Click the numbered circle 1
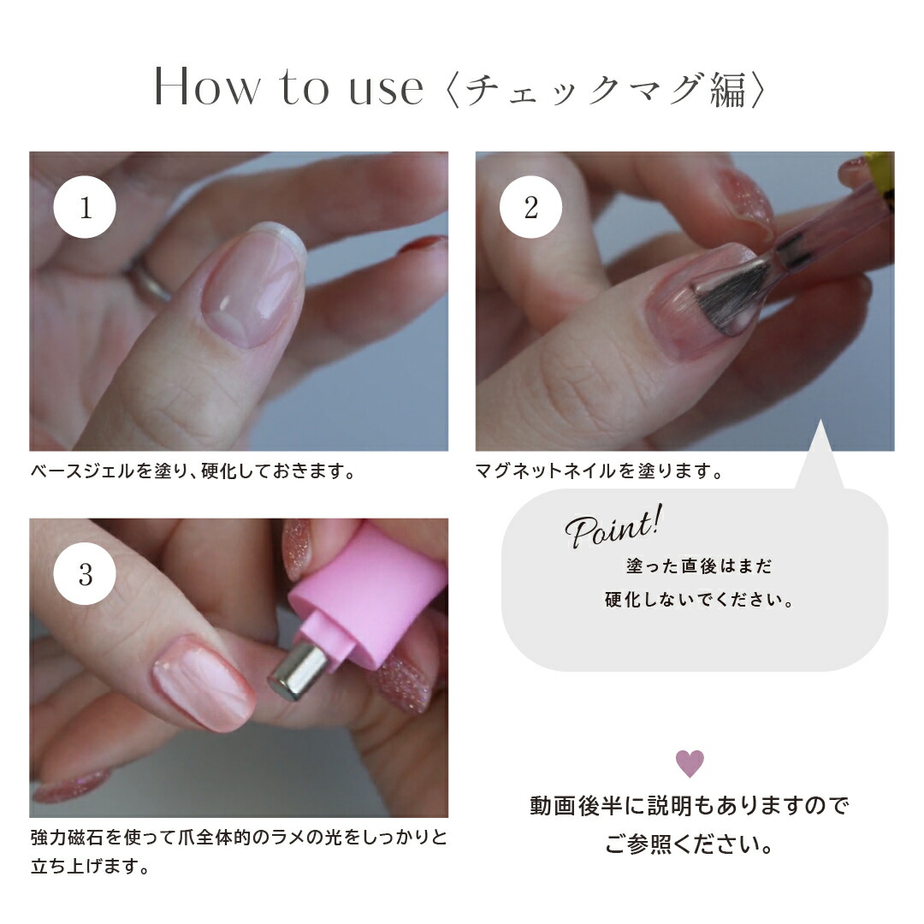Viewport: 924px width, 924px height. [x=85, y=208]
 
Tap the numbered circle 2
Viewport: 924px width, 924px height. [x=530, y=208]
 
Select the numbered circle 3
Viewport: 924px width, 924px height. [x=85, y=574]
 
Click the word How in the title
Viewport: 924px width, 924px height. [x=205, y=89]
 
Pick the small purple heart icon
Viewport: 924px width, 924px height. [x=690, y=762]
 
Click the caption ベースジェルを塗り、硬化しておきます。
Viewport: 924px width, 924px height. [x=192, y=471]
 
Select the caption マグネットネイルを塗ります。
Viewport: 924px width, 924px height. [x=599, y=471]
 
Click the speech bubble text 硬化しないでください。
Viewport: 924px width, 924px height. [x=699, y=600]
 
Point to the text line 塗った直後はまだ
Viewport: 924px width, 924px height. [x=699, y=566]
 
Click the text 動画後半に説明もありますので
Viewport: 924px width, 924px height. [x=690, y=806]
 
